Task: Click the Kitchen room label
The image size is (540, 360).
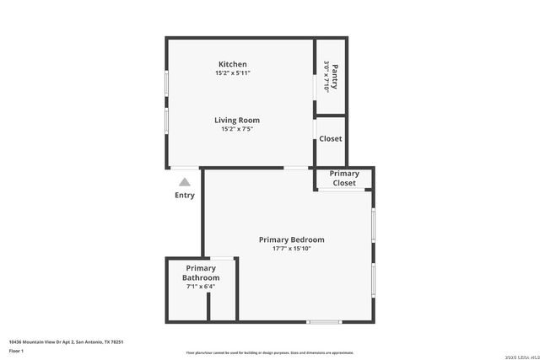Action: click(232, 64)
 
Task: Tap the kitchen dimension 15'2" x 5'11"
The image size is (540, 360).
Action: click(232, 73)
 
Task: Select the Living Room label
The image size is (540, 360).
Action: click(236, 120)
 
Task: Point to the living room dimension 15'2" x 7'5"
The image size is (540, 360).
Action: click(236, 129)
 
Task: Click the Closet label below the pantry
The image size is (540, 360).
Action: click(330, 139)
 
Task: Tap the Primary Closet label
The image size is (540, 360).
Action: click(344, 178)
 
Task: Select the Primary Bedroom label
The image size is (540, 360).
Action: click(291, 239)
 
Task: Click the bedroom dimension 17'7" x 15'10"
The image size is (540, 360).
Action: click(291, 249)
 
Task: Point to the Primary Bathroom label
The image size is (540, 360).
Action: click(201, 272)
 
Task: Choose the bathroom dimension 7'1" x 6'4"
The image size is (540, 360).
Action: click(201, 287)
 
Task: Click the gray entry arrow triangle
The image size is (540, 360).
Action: click(185, 180)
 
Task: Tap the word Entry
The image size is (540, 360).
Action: click(185, 196)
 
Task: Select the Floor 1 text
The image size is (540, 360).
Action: click(16, 350)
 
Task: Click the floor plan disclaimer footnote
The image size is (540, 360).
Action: click(269, 352)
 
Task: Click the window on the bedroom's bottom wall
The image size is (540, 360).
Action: click(324, 321)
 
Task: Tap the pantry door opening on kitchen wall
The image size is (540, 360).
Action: click(316, 85)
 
